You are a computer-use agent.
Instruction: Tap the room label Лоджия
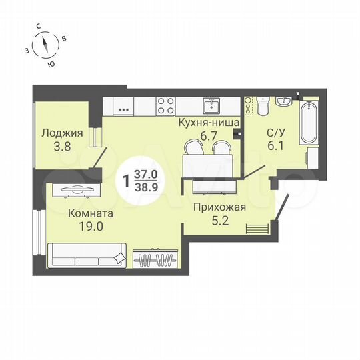coord(62,133)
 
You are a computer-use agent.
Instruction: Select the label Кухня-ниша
coord(204,123)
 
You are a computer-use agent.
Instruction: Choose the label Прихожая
coord(220,207)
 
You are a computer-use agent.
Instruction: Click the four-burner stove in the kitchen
coord(165,105)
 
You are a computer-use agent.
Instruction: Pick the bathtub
coord(309,123)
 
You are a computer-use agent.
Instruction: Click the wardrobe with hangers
coord(155,257)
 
